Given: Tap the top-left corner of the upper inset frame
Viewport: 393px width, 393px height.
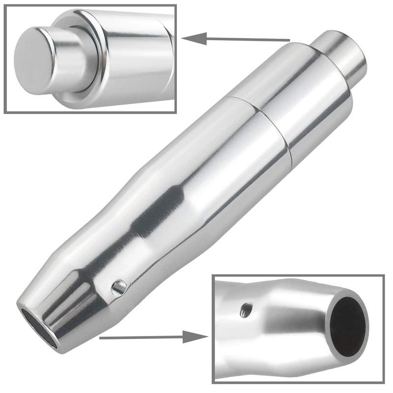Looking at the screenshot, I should click(x=5, y=5).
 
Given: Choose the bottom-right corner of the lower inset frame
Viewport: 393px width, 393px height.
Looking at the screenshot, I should click(x=384, y=382).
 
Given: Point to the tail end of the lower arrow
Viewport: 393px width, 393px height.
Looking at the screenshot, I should click(x=101, y=338).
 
